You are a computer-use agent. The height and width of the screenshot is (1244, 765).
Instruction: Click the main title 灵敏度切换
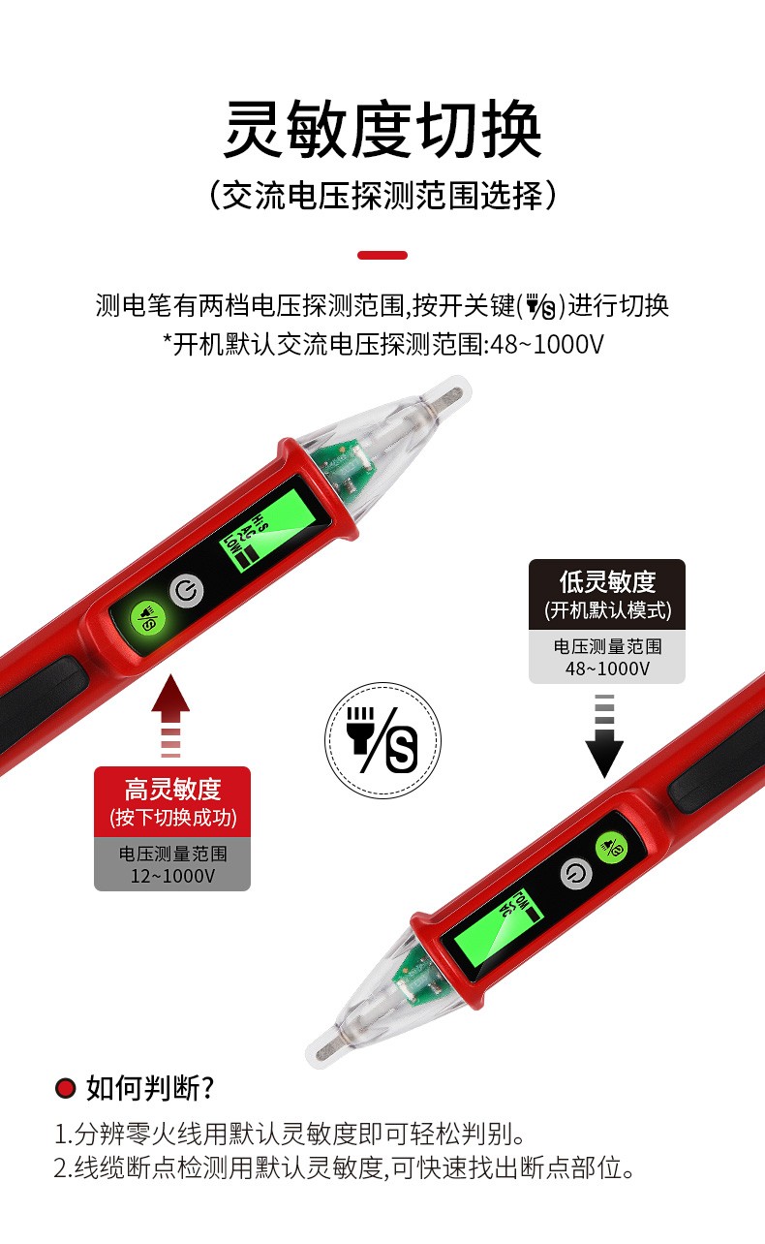click(382, 130)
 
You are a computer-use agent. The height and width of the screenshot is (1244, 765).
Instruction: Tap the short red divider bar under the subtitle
click(382, 256)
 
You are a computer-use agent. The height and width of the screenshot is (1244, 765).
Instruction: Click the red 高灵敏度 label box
click(172, 801)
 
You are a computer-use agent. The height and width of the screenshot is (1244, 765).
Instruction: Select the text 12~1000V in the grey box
click(172, 876)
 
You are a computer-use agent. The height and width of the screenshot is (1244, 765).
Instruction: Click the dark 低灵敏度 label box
click(607, 594)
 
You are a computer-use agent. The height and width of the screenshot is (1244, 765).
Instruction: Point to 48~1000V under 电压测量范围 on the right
click(607, 669)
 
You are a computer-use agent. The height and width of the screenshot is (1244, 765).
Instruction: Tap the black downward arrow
click(604, 736)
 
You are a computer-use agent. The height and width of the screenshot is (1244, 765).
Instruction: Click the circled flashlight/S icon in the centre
click(383, 740)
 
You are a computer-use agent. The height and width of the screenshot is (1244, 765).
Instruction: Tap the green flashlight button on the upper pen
click(147, 617)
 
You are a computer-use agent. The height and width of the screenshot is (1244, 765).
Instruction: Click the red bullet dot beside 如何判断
click(65, 1088)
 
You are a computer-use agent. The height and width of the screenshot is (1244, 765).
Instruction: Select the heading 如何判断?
click(150, 1088)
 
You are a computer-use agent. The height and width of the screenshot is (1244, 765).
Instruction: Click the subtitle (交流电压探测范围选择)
click(382, 196)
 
